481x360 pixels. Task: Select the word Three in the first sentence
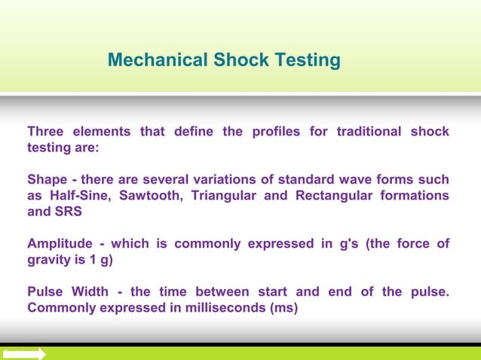[x=45, y=132]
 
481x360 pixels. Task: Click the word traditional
[x=369, y=132]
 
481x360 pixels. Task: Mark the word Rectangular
[x=333, y=196]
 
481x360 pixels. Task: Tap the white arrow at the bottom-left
[x=24, y=353]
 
